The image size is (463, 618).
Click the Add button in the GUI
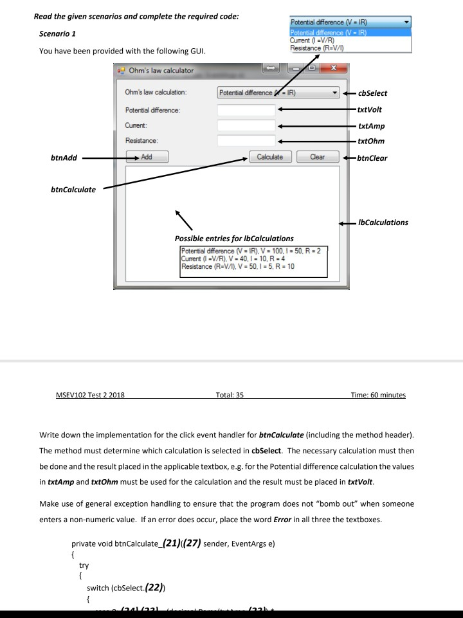(x=147, y=156)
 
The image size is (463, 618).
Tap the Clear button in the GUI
(x=317, y=156)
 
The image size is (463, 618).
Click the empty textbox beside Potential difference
(x=246, y=110)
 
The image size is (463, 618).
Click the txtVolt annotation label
(x=372, y=110)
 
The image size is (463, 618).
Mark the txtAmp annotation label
(x=374, y=127)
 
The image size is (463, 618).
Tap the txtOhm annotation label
(x=374, y=141)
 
